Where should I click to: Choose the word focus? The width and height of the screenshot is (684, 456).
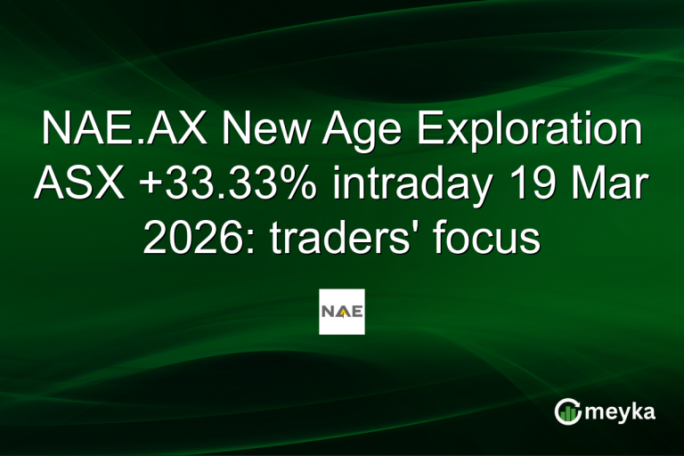click(488, 238)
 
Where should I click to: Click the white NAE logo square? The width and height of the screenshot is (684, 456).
click(342, 312)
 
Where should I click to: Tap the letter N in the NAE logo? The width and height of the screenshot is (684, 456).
click(330, 312)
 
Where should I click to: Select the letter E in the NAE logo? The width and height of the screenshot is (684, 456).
click(354, 312)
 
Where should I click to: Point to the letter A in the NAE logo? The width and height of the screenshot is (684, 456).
click(342, 312)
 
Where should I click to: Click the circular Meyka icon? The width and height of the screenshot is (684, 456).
click(567, 411)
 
